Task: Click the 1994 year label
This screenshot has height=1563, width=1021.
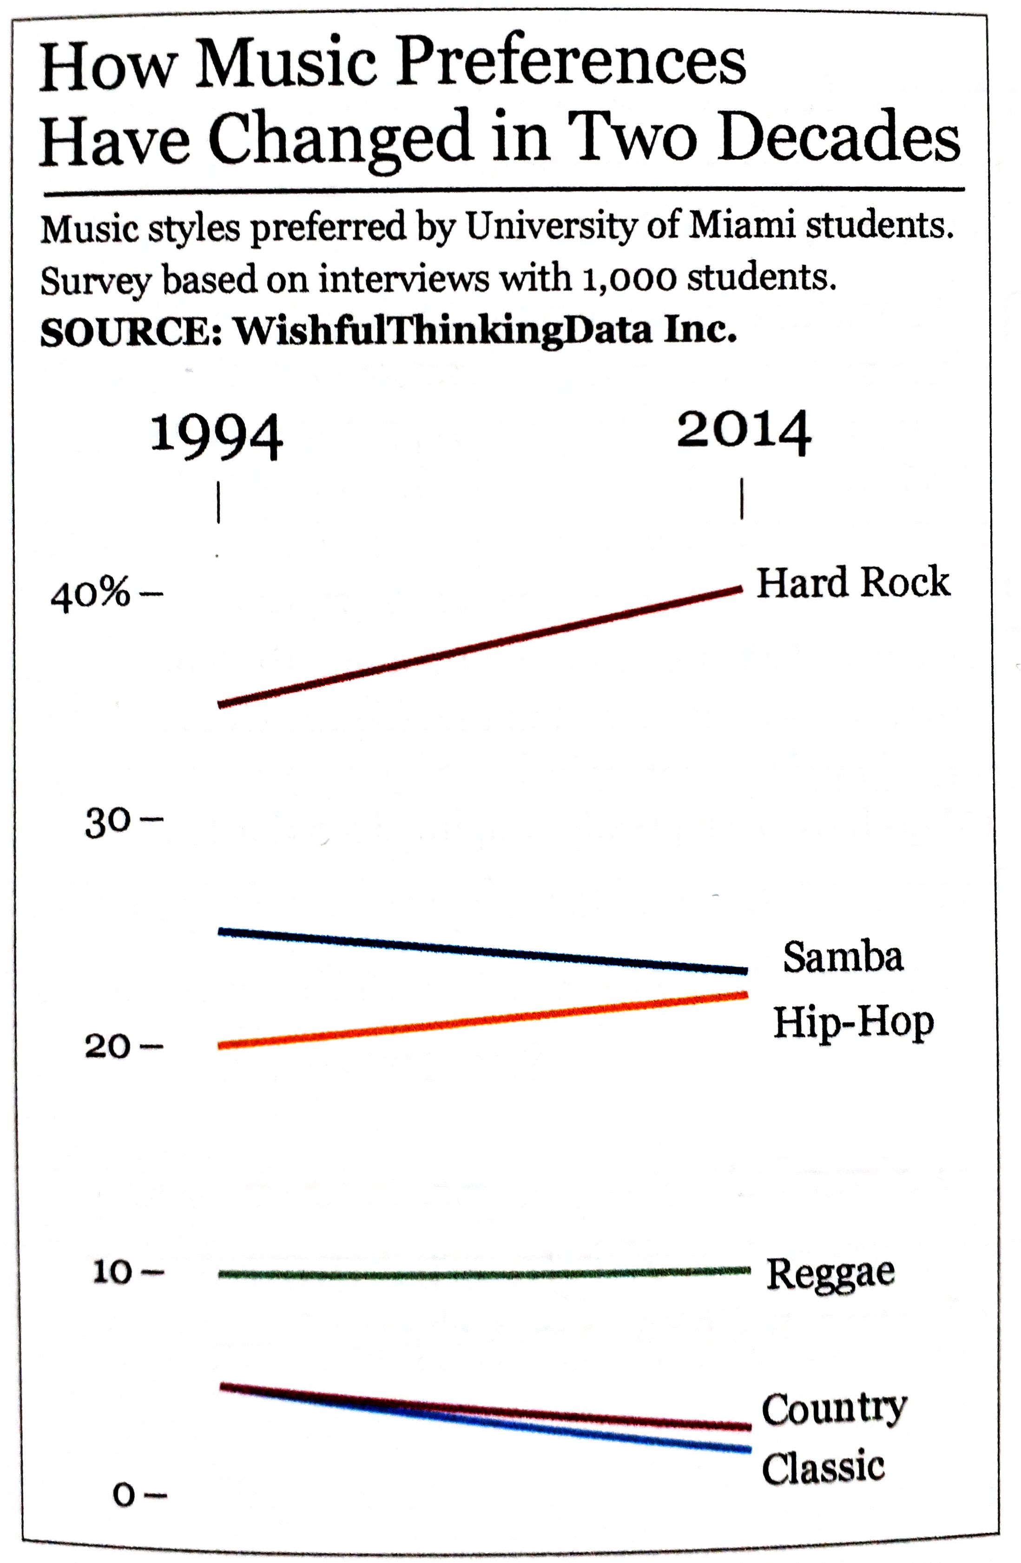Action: (217, 437)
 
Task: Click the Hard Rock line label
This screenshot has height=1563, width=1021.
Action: (852, 583)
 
